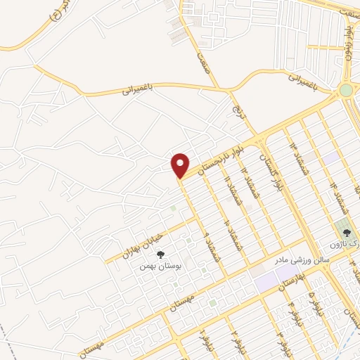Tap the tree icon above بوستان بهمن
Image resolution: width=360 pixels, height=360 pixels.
[160, 254]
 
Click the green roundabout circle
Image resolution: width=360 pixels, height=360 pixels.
[345, 89]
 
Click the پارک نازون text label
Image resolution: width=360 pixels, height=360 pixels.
[344, 245]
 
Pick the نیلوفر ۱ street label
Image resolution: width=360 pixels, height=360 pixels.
[206, 340]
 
